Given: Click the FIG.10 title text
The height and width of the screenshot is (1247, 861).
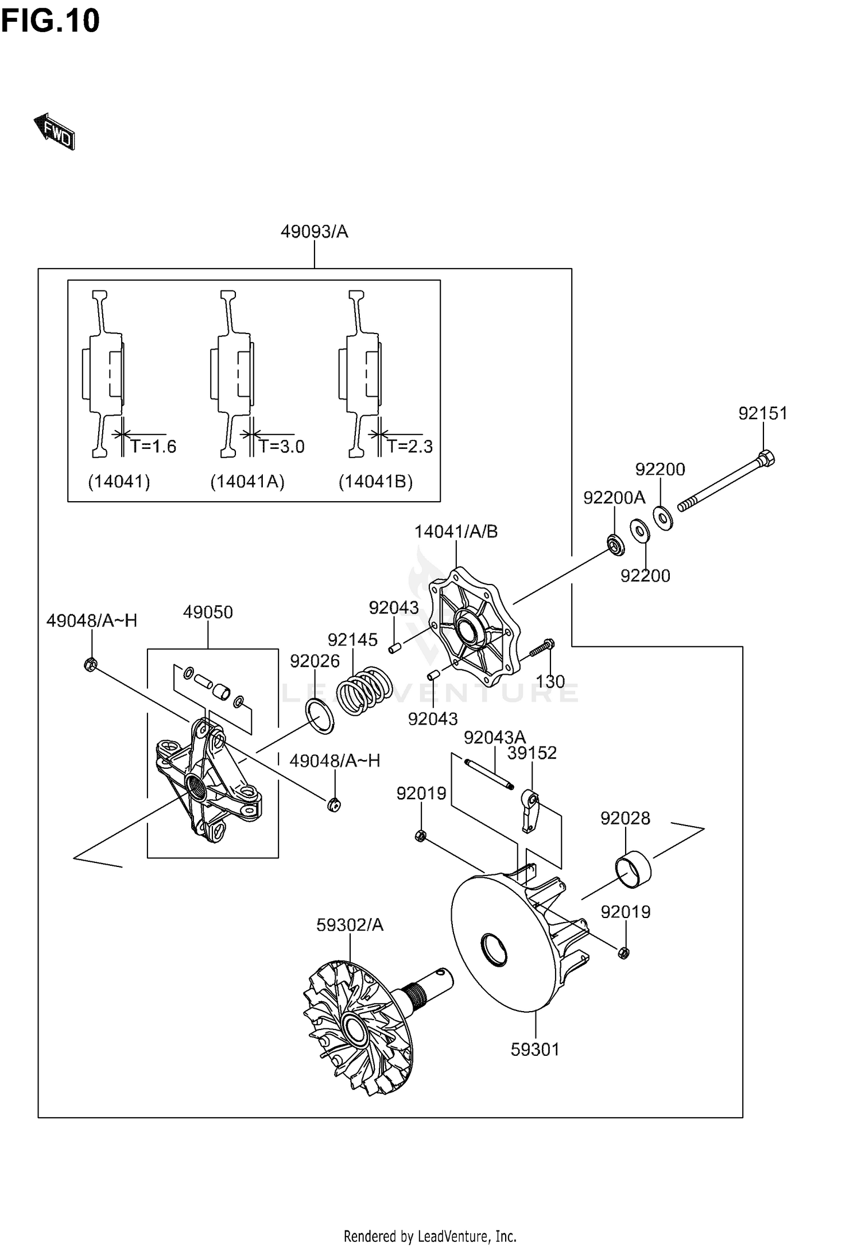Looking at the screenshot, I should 51,21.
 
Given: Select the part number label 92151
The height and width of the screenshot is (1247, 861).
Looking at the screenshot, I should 763,413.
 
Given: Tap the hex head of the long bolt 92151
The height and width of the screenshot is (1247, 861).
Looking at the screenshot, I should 765,458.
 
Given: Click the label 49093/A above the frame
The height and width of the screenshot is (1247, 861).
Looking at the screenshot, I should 314,231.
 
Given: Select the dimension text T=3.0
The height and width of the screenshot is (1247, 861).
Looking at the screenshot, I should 281,446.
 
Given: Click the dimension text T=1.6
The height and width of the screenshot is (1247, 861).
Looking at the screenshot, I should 153,446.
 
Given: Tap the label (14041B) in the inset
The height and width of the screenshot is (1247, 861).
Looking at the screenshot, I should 375,481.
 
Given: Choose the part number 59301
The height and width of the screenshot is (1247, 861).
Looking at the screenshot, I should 535,1050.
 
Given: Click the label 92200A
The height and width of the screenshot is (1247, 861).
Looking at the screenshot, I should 614,498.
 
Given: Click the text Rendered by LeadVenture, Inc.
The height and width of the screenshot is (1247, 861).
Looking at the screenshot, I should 430,1236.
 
